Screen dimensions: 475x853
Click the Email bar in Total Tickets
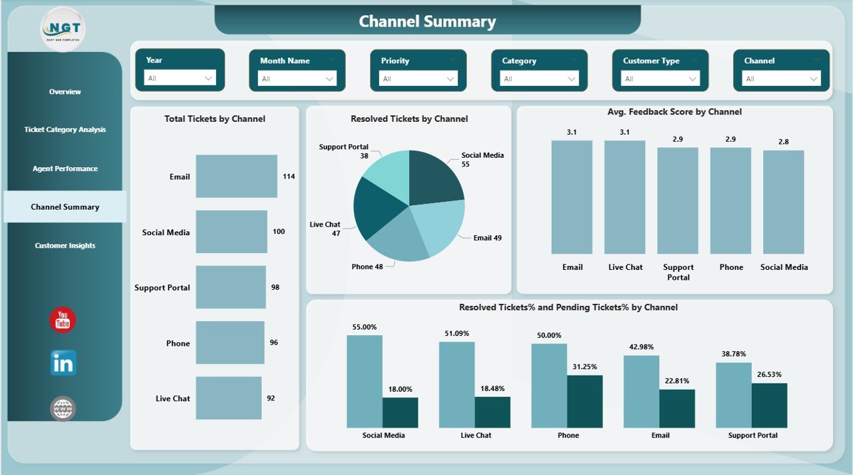(236, 177)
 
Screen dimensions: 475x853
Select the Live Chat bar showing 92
(229, 398)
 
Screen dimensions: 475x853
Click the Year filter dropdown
(180, 78)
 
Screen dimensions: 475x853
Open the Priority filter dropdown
(418, 79)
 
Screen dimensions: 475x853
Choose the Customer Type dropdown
(660, 79)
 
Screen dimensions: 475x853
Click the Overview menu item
(65, 92)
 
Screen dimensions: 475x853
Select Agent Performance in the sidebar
(65, 169)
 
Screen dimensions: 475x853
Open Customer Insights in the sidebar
(65, 246)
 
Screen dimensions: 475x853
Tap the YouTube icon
(63, 320)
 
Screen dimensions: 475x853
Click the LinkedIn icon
(63, 363)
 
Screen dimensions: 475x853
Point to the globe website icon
(63, 408)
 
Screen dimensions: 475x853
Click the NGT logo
(63, 29)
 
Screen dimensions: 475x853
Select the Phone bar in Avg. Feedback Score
(730, 201)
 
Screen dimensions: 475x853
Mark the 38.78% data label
(733, 354)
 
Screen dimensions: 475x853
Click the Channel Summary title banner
(427, 21)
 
